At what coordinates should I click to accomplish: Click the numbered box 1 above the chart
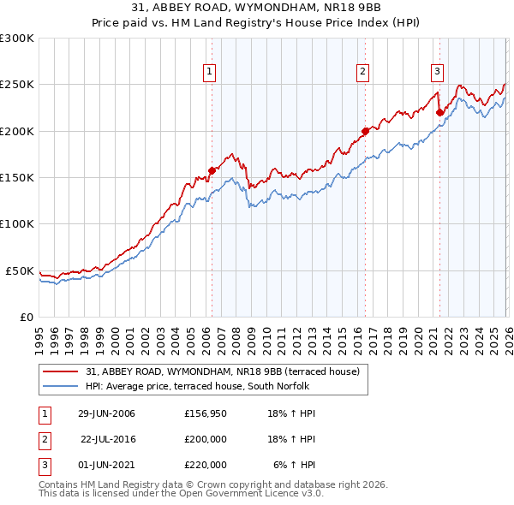[x=209, y=72]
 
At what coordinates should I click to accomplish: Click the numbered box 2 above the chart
[x=363, y=72]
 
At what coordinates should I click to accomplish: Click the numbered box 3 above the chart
[x=437, y=72]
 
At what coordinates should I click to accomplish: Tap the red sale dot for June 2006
[x=212, y=170]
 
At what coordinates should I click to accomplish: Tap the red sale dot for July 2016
[x=365, y=131]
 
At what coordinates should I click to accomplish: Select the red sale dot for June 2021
[x=439, y=112]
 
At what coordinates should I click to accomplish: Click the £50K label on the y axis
[x=20, y=270]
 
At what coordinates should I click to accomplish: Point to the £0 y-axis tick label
[x=27, y=317]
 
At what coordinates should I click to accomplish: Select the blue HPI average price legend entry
[x=201, y=387]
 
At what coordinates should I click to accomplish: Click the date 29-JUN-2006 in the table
[x=106, y=414]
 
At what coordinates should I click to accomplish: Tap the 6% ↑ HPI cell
[x=295, y=465]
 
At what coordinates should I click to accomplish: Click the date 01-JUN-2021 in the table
[x=106, y=465]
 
